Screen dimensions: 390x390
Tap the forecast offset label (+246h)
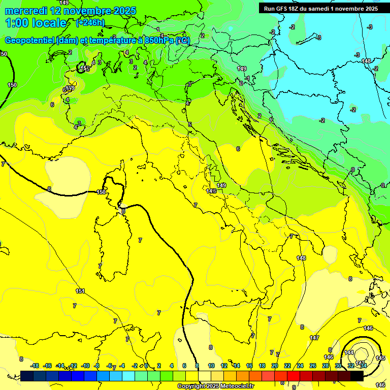click(x=90, y=23)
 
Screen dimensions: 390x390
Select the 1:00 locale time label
click(x=36, y=23)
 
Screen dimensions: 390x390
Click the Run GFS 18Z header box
click(x=320, y=8)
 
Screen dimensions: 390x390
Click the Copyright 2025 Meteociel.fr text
click(x=215, y=386)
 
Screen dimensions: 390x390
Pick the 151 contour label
click(x=80, y=291)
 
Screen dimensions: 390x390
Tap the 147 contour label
click(x=314, y=338)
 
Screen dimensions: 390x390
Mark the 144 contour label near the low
click(x=349, y=352)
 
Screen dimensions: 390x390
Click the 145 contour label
click(x=380, y=358)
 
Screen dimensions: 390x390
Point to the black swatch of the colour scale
click(x=356, y=376)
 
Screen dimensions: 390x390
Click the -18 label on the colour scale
click(x=35, y=366)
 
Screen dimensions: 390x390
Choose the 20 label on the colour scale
click(x=275, y=366)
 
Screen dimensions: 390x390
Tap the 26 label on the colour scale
click(x=313, y=366)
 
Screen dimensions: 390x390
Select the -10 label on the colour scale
click(x=85, y=366)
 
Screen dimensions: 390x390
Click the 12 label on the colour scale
click(x=224, y=366)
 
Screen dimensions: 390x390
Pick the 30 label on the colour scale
click(x=338, y=366)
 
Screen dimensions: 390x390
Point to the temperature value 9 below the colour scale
click(x=294, y=387)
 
